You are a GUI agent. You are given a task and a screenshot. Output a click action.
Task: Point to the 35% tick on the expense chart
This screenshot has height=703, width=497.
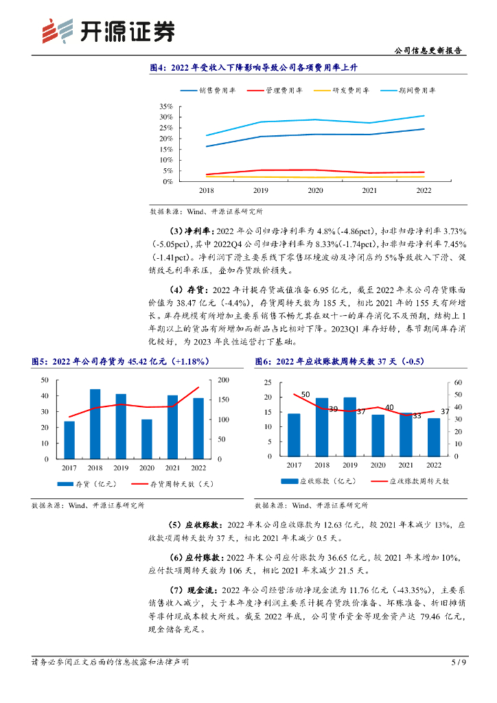[165, 107]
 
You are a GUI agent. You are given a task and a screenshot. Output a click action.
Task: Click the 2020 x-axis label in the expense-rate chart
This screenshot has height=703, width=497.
[315, 190]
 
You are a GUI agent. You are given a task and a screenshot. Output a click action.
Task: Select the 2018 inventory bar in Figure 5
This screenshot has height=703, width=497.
[95, 424]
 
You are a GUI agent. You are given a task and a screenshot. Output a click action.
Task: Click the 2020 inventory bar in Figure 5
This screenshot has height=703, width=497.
[147, 439]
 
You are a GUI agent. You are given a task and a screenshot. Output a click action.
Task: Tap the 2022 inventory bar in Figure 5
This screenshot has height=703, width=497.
[198, 428]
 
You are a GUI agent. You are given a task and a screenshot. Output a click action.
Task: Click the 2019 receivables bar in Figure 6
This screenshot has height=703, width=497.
[349, 426]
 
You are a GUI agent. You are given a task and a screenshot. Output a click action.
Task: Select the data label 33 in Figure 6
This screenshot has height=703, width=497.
[417, 416]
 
